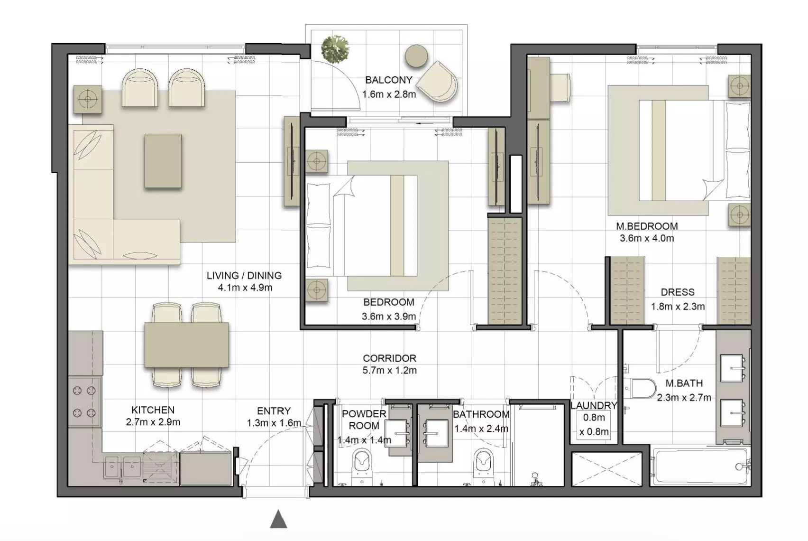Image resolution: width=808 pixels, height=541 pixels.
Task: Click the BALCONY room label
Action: pos(388,80)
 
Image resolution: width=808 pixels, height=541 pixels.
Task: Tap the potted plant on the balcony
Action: pos(335,49)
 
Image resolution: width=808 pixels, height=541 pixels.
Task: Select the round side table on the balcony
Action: pos(416,56)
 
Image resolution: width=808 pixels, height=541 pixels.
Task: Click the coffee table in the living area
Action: pos(163,161)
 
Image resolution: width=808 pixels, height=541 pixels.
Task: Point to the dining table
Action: pos(186,345)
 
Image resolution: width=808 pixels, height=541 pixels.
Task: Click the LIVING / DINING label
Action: pos(244,276)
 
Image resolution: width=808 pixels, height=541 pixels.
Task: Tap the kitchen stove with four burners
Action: pos(84,401)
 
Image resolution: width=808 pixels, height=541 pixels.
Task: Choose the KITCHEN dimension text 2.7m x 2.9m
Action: pos(153,422)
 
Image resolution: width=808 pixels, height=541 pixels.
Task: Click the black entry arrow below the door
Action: pos(278,519)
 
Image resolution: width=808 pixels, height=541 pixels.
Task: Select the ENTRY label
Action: pos(274,411)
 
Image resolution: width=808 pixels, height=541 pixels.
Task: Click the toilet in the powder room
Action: pos(361,466)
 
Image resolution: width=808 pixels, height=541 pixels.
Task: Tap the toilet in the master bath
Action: pos(640,388)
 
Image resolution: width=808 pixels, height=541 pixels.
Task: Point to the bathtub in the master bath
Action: pos(700,466)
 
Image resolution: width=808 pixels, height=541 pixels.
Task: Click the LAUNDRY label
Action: pos(593,406)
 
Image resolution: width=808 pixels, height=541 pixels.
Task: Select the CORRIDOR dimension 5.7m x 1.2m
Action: pos(390,370)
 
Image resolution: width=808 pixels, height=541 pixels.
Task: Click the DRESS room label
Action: pos(678,292)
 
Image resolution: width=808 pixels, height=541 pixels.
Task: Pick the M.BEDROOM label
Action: pos(647,226)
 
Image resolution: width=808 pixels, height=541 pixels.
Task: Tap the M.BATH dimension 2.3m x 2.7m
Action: pos(684,398)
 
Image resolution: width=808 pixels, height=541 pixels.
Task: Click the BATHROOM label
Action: pos(481,414)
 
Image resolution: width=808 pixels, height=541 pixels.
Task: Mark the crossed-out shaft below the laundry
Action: pos(607,469)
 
